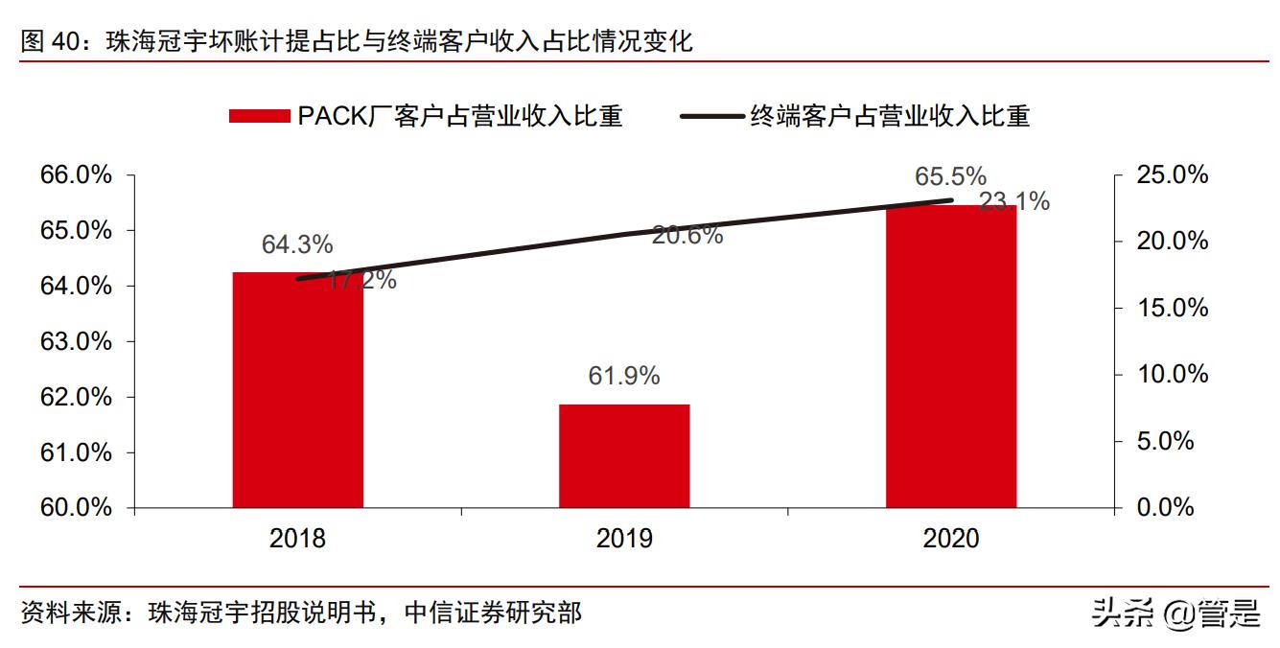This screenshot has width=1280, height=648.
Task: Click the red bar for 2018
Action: click(x=297, y=389)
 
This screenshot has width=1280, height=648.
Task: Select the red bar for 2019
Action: click(x=624, y=455)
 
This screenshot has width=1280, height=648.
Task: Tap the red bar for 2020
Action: click(x=950, y=356)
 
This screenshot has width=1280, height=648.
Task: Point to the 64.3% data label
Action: click(x=297, y=244)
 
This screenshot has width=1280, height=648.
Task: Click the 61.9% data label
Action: click(x=624, y=377)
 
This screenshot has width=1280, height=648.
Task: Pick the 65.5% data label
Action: click(x=950, y=177)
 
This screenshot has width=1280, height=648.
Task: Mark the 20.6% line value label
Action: click(x=687, y=235)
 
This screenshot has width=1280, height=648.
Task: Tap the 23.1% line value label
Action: click(x=1014, y=202)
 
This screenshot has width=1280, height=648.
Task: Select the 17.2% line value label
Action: click(x=361, y=281)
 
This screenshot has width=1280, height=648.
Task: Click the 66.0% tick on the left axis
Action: click(x=76, y=175)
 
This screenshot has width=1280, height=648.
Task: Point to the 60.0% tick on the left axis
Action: click(x=76, y=508)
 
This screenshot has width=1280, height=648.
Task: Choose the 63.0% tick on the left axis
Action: click(x=76, y=342)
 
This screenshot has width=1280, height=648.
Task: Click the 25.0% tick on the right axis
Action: click(x=1173, y=175)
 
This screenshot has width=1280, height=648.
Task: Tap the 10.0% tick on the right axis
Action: click(x=1173, y=375)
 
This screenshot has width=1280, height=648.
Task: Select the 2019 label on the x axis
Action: click(x=624, y=539)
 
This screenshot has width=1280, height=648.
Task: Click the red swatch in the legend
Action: click(x=259, y=116)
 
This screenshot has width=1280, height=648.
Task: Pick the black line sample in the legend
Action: click(x=711, y=116)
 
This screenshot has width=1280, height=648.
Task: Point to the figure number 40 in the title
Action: click(x=66, y=42)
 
